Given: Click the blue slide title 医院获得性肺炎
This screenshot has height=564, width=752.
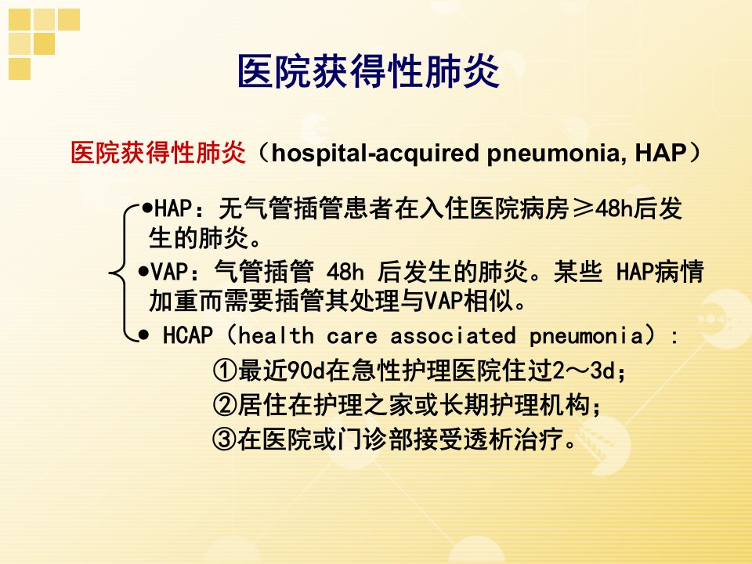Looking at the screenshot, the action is coord(368,71).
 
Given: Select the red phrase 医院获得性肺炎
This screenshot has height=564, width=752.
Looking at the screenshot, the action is coord(157,153).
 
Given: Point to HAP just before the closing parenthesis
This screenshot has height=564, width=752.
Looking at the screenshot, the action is coord(661,153).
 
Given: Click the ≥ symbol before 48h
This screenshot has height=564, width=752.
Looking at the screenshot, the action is coord(583,208).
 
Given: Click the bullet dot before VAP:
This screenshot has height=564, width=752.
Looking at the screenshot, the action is coord(143,272).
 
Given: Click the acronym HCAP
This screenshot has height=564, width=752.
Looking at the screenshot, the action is coord(187,334).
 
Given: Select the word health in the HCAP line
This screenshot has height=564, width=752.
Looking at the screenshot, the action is coord(276,334).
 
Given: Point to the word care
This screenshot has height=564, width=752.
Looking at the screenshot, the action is coord(352,336).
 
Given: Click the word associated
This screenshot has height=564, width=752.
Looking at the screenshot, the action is coord(453,334).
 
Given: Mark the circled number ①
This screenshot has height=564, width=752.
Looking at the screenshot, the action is coord(225,371).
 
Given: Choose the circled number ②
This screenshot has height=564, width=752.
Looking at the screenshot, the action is coord(225,405).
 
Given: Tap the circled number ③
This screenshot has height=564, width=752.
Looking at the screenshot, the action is coord(225,439).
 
